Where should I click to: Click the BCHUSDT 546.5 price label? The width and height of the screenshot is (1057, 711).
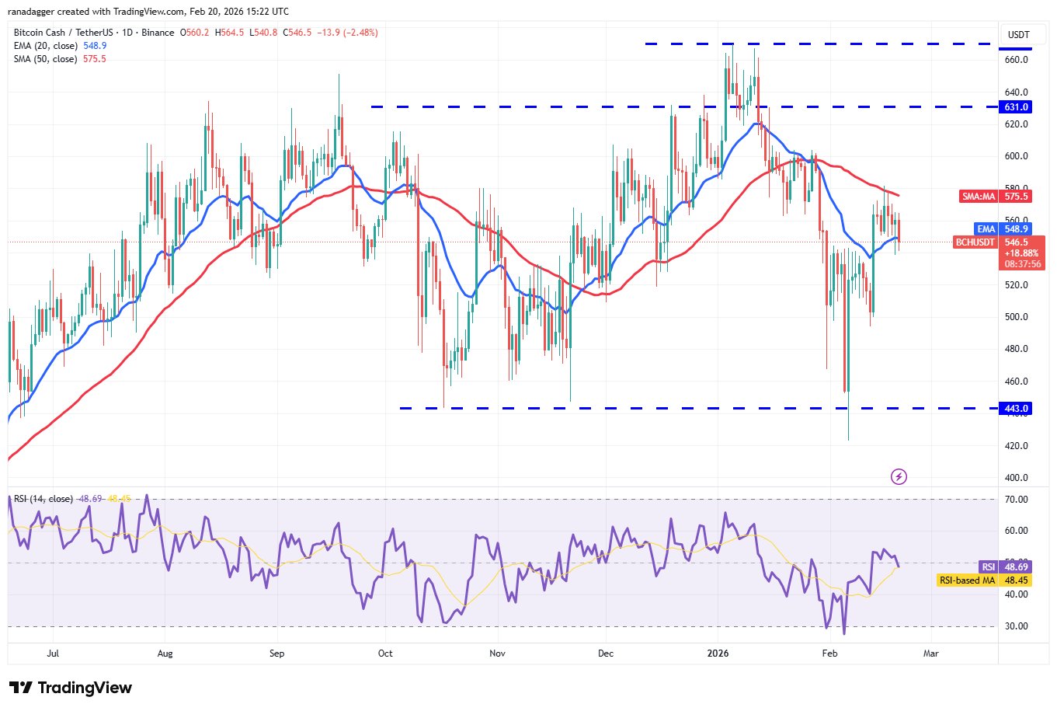coord(999,242)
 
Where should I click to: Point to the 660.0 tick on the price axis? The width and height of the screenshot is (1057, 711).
coord(1017,60)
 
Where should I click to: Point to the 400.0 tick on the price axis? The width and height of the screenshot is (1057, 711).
coord(1017,478)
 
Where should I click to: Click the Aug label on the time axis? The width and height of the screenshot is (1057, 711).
coord(165,653)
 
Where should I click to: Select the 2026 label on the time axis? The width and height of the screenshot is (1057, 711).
coord(718,653)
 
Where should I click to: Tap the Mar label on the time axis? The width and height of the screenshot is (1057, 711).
coord(930,653)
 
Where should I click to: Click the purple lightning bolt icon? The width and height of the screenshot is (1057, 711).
coord(899,476)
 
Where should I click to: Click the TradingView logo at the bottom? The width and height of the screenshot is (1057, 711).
coord(71,688)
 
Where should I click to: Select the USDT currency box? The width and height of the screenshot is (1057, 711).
coord(1018,35)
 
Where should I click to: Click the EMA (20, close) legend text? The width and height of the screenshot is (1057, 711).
coord(45,46)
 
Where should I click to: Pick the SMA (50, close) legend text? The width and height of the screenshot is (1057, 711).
coord(45,59)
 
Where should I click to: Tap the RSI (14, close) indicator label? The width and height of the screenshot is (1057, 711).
coord(43,499)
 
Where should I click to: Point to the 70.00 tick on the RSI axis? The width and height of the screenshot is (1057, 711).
coord(1017,500)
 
